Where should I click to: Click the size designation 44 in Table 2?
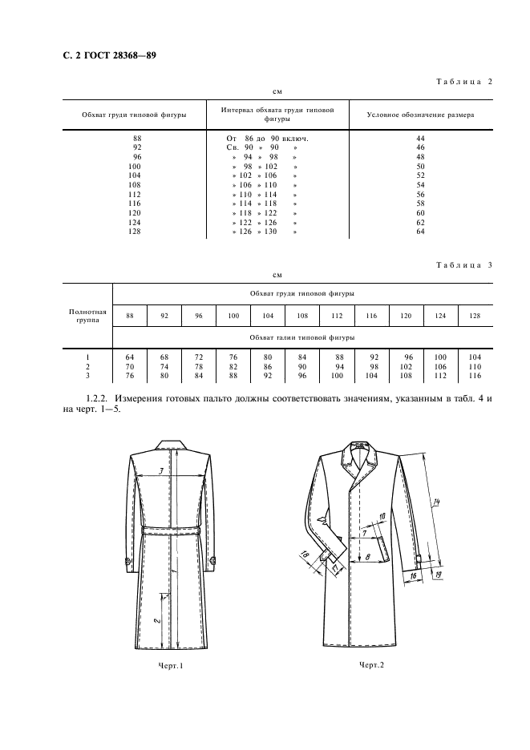(x=420, y=139)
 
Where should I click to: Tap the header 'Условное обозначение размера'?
(x=419, y=115)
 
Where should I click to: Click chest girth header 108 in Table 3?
(x=302, y=316)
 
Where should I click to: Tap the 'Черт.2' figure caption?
(x=372, y=664)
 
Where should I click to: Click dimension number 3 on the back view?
(x=161, y=471)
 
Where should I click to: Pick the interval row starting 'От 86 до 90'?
(x=268, y=139)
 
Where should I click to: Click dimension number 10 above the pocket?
(x=382, y=517)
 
